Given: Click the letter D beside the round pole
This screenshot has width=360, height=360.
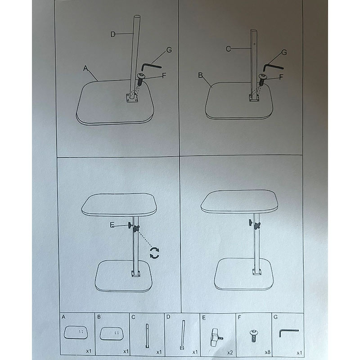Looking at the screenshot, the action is coord(113,35).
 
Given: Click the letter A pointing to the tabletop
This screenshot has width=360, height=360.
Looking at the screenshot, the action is coord(85,68).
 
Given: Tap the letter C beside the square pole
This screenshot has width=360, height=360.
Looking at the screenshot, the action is coord(228,49).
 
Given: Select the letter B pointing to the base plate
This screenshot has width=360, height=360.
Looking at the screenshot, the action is coord(200,75).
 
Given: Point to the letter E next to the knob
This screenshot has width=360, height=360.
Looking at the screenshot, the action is coord(112,225).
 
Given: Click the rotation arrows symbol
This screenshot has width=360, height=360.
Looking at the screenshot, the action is coord(154,253).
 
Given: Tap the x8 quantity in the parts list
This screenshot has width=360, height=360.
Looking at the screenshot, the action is coord(267,352).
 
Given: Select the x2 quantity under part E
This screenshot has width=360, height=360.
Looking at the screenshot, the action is coord(230,352).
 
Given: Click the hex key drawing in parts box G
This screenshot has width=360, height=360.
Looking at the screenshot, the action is coord(289,333).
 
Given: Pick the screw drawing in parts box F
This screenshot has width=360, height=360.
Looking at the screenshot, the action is coord(253,336).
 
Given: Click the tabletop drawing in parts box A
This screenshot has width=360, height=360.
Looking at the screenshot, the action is coord(76,332).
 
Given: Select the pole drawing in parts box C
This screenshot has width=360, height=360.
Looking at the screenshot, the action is coord(147,335).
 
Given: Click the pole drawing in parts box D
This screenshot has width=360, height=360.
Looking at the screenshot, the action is coord(183,335).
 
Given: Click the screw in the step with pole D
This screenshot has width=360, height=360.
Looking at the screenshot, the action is coord(140,80).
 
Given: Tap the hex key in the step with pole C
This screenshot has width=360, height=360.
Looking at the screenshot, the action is coord(273,67).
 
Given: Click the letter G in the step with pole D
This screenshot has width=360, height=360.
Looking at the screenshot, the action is coord(169,50).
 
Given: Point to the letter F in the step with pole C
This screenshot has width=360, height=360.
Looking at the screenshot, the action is coord(281,77).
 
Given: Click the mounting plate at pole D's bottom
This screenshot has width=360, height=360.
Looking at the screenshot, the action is coord(132,99).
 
